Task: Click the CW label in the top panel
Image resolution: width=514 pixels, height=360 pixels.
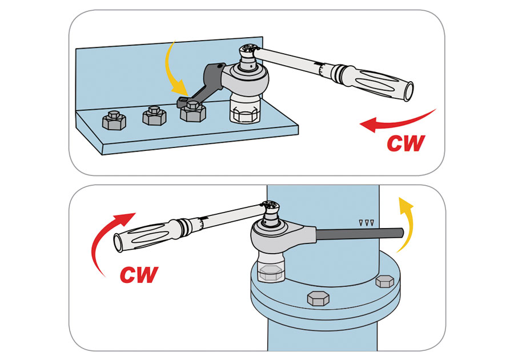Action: coord(406,143)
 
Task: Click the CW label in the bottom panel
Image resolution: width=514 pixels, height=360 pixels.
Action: coord(139,274)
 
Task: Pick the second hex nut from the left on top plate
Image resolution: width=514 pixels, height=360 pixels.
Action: coord(153,115)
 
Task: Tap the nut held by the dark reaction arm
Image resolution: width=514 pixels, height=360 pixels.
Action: coord(192,111)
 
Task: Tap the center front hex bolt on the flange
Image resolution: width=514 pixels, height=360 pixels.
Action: coord(318,298)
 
